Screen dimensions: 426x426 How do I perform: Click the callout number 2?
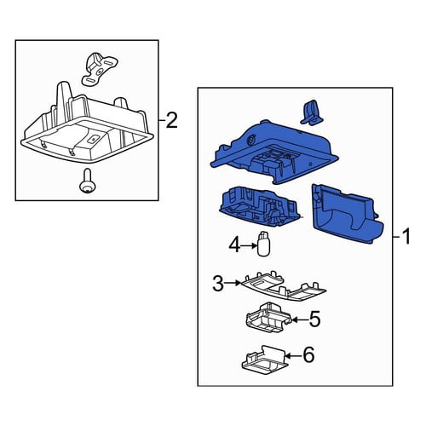[x=171, y=120]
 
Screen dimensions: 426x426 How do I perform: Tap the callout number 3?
[x=218, y=283]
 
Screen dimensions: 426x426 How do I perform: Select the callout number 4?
[x=234, y=245]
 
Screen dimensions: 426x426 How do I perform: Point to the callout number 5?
[x=314, y=319]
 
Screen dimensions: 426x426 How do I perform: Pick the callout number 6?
[x=308, y=354]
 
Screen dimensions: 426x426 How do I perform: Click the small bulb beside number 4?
[x=263, y=244]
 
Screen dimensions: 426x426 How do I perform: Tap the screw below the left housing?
[x=88, y=181]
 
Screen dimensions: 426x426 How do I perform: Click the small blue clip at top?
[x=312, y=112]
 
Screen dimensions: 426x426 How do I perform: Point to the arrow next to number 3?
[x=233, y=283]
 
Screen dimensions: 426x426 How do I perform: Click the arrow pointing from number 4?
[x=249, y=245]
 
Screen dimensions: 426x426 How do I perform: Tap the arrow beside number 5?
[x=300, y=319]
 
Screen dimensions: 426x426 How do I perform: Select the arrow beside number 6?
[x=293, y=355]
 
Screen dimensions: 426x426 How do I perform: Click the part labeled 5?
[x=268, y=318]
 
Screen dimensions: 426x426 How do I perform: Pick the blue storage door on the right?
[x=348, y=214]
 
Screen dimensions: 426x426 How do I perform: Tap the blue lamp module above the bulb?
[x=259, y=207]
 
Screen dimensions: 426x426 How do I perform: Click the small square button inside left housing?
[x=93, y=140]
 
